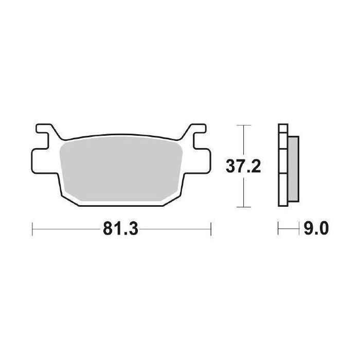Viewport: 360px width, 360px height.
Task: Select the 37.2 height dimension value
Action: point(244,166)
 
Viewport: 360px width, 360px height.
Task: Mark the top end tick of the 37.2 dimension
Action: point(244,125)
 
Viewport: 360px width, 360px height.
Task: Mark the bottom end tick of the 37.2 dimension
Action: point(244,207)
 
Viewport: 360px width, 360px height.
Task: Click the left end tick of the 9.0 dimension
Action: point(278,227)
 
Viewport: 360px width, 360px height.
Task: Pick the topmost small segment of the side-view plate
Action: point(281,130)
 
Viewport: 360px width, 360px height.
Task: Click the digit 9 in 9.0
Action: point(308,227)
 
